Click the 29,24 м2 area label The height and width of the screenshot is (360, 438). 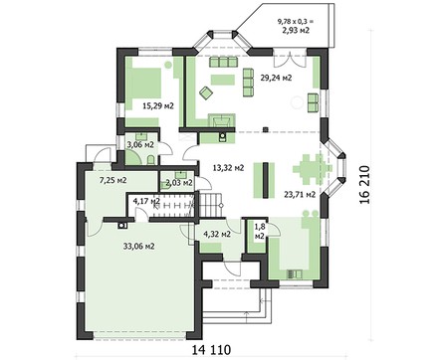276,78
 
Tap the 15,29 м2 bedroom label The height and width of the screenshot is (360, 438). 158,106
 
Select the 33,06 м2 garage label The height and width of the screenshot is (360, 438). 138,247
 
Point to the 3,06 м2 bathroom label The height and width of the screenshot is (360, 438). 140,144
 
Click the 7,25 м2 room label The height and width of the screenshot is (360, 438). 113,180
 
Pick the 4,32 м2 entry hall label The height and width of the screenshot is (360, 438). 217,234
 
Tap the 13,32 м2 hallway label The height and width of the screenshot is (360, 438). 228,168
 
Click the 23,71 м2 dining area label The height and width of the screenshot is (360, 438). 300,194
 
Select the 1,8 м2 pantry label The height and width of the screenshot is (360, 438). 259,232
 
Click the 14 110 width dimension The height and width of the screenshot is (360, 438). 211,349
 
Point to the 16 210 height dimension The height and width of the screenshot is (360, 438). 364,184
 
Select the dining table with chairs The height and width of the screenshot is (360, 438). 313,169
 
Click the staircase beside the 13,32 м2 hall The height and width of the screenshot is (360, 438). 211,205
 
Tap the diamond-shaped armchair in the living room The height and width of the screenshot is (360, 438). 206,92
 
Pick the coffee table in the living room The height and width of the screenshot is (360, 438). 223,80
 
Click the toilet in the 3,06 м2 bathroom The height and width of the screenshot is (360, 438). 150,160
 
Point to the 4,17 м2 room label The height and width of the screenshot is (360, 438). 146,201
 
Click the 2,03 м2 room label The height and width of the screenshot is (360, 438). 179,183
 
